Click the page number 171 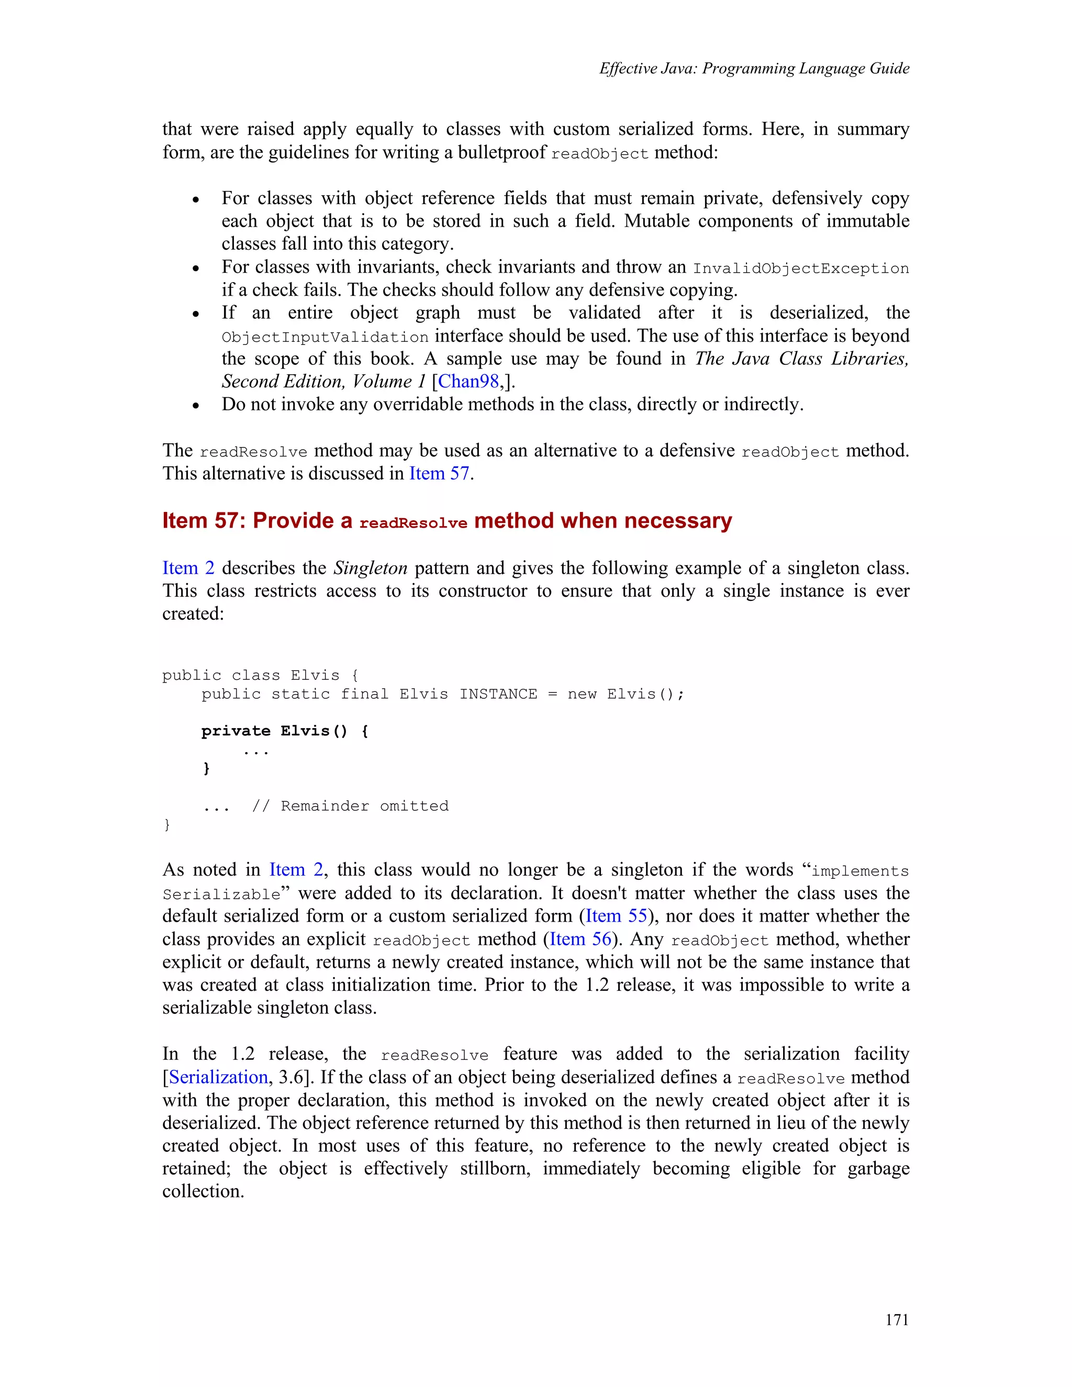pos(897,1319)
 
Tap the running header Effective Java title pos(754,69)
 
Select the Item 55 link pos(616,916)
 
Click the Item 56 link pos(580,938)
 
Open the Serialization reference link pos(218,1077)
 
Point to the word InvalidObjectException pos(801,269)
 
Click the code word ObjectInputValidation pos(325,337)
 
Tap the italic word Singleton pos(370,568)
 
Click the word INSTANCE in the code pos(498,694)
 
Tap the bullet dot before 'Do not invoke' pos(196,405)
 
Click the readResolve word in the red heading pos(413,523)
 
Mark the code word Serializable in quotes pos(221,894)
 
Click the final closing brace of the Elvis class pos(167,824)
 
